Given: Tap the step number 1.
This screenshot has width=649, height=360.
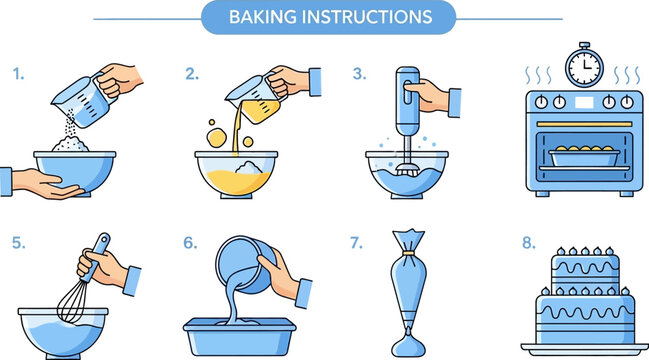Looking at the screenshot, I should click(17, 74).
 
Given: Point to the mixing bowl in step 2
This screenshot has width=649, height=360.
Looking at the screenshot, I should click(235, 171).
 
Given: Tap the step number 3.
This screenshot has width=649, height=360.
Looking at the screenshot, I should click(359, 74).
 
